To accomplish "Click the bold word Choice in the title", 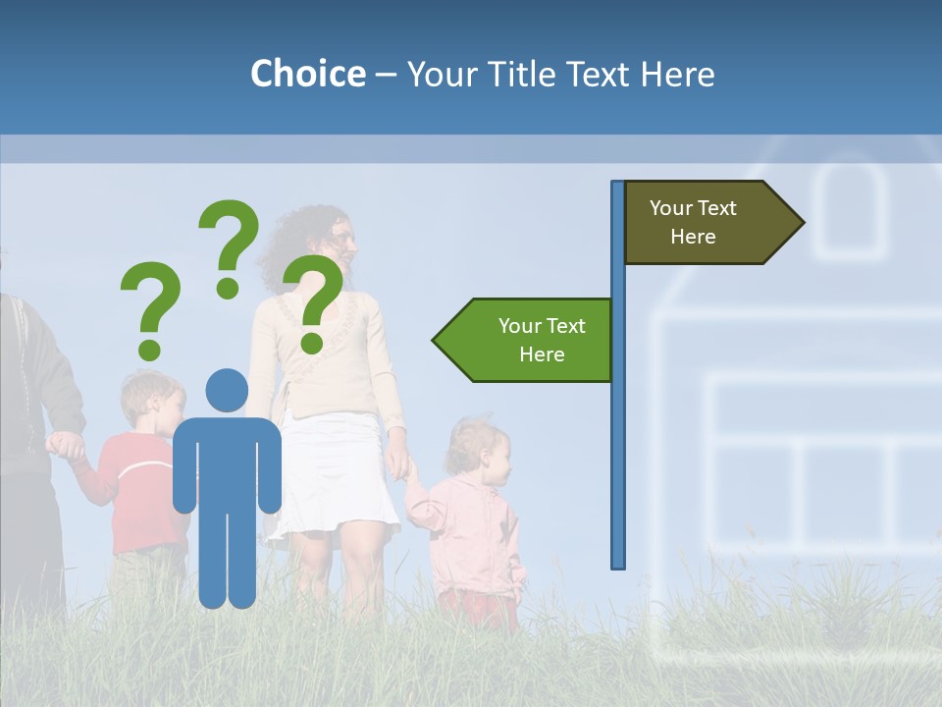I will [307, 74].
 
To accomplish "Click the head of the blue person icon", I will [227, 390].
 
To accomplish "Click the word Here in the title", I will [677, 74].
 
